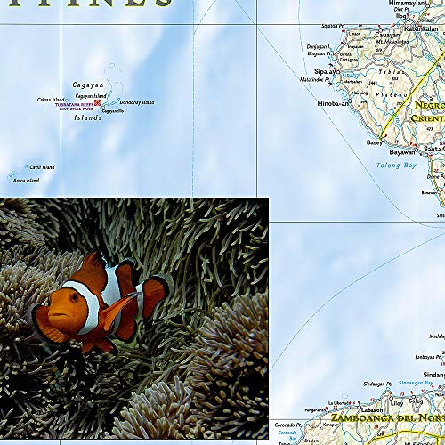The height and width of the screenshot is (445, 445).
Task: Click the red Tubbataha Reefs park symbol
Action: click(x=98, y=102)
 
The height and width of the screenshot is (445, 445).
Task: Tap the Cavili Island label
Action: click(x=42, y=166)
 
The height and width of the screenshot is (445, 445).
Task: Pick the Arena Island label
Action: click(x=26, y=181)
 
